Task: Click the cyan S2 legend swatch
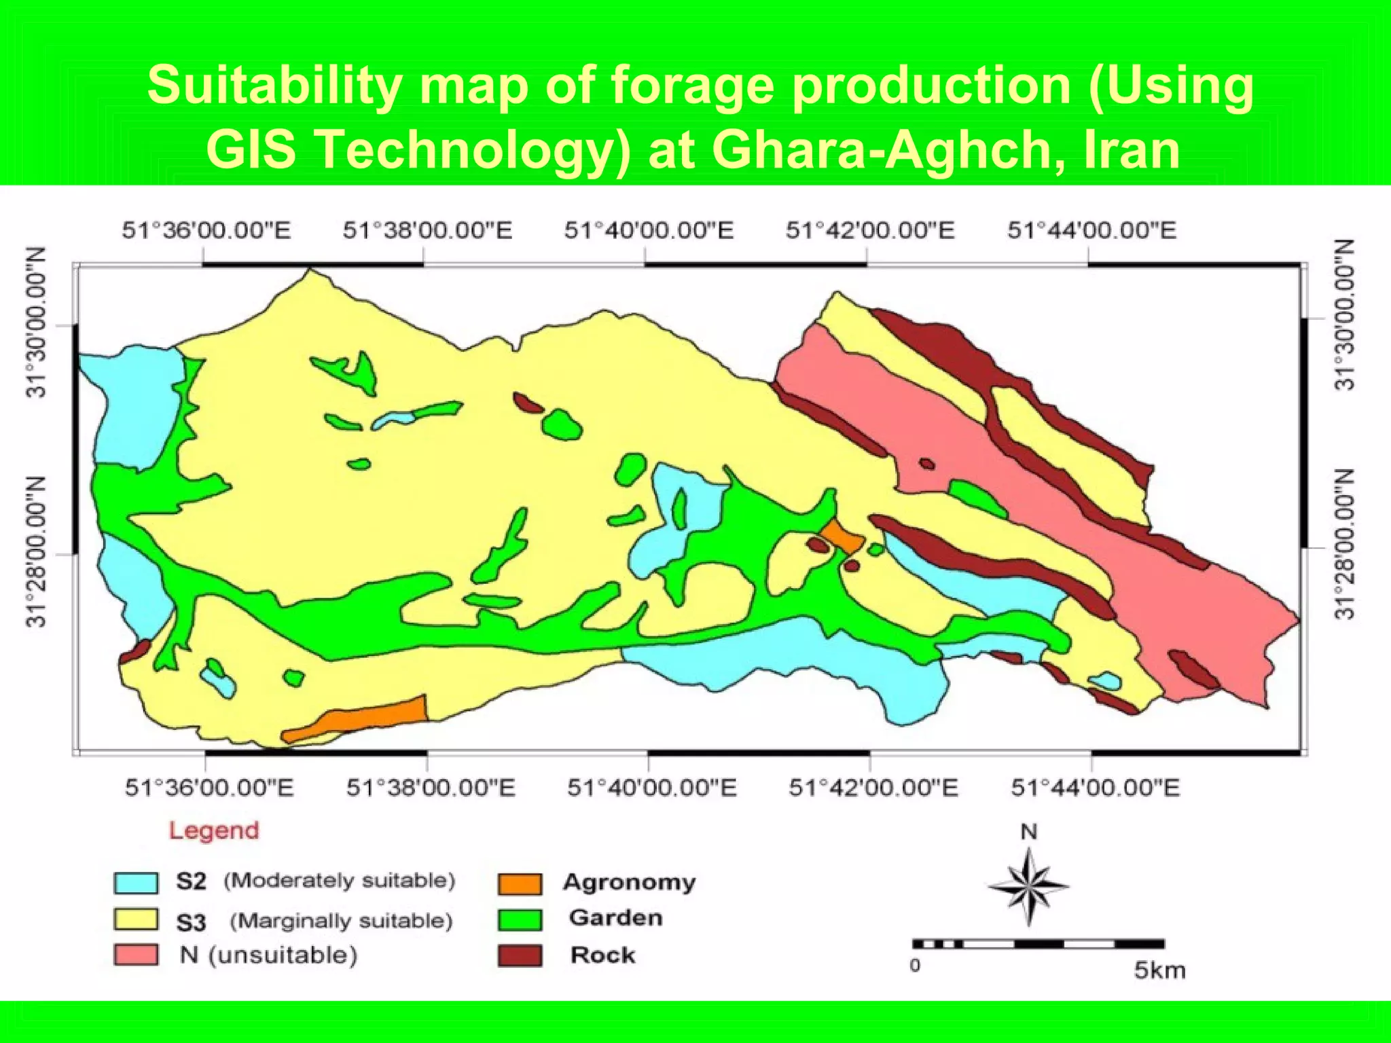(136, 883)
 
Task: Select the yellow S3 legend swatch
(136, 919)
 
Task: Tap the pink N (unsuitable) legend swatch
(136, 955)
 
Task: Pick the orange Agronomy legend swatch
(520, 883)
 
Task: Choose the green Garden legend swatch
(520, 919)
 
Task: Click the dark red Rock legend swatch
(520, 955)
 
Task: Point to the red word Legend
(214, 830)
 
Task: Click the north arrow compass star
(1028, 886)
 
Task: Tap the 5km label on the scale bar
(1159, 970)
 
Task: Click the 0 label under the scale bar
(916, 966)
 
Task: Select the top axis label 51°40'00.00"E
(649, 230)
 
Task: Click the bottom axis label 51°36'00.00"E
(209, 788)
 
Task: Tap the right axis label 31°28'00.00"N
(1345, 545)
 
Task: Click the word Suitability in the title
(274, 86)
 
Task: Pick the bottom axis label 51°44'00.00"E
(1095, 788)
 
